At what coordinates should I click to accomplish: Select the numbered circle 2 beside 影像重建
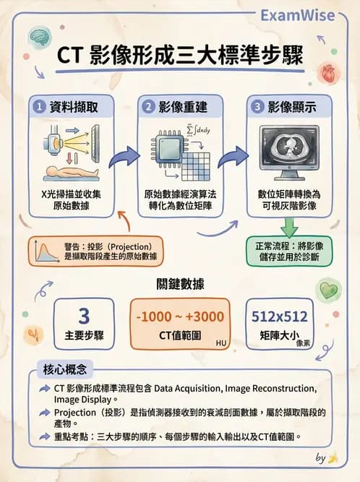pos(150,106)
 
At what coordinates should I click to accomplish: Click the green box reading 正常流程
pos(289,250)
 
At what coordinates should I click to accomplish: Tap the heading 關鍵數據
pos(180,284)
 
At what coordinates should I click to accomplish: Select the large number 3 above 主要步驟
pos(83,316)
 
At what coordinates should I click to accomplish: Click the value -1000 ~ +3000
pos(179,316)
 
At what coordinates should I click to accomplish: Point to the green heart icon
pos(329,291)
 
